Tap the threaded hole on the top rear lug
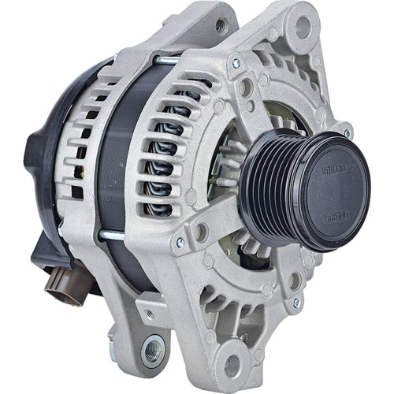221,26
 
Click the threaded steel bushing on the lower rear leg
153,347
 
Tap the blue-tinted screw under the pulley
295,301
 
